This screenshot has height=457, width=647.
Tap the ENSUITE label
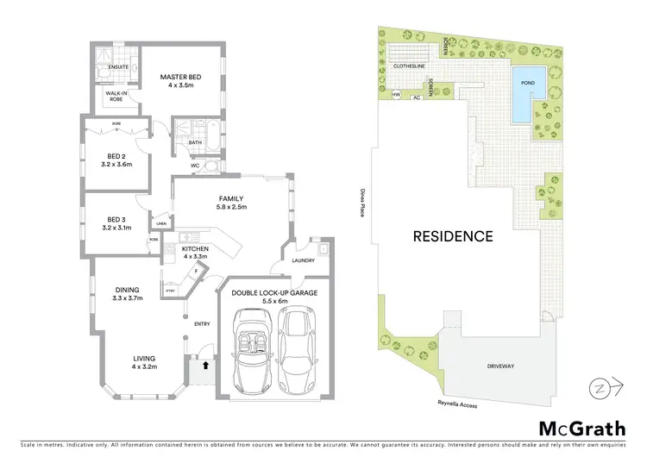pyautogui.click(x=117, y=66)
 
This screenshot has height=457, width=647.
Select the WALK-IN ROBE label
pyautogui.click(x=117, y=96)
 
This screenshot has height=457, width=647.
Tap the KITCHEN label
pyautogui.click(x=196, y=249)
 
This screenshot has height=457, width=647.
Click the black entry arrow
pyautogui.click(x=204, y=365)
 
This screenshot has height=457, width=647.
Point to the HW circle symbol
pyautogui.click(x=396, y=95)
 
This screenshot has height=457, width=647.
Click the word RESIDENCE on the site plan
pyautogui.click(x=452, y=235)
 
